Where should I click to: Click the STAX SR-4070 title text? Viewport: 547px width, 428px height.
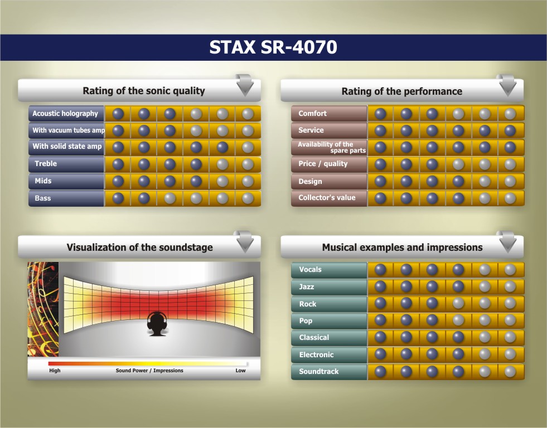[273, 47]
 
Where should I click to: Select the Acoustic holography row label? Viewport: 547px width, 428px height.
[65, 114]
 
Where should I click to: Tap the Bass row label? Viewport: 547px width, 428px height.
[43, 198]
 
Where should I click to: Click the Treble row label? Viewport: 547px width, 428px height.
[46, 163]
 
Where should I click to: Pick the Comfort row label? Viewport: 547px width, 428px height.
[313, 113]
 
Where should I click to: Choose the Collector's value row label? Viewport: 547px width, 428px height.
[327, 198]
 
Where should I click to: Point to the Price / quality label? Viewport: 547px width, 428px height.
[323, 164]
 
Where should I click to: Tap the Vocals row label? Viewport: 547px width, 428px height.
[310, 269]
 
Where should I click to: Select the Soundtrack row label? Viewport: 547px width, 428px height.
[319, 372]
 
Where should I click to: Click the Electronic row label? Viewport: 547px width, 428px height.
[316, 355]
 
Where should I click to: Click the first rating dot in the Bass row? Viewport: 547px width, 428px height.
[118, 198]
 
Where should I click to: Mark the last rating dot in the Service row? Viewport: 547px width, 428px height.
[510, 130]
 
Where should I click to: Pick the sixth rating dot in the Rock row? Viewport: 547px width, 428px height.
[510, 303]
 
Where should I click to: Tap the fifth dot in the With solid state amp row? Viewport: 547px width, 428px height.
[222, 147]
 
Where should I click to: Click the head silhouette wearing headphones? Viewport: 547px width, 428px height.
[157, 324]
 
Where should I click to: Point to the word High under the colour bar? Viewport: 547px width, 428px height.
[55, 371]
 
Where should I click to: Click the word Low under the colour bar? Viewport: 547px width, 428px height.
[240, 371]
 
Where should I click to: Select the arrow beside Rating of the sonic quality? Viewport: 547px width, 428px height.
[245, 85]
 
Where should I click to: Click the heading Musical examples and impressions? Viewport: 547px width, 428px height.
[402, 247]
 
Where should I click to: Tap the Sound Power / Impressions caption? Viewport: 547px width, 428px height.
[149, 371]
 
